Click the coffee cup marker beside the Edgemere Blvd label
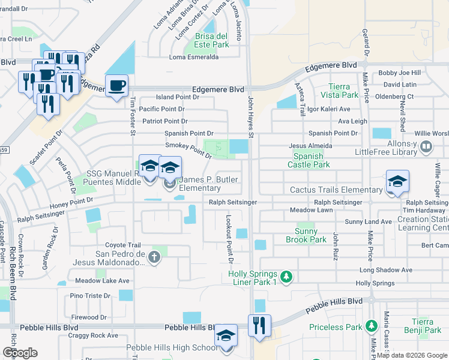[x=116, y=85]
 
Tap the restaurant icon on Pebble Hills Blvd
[x=259, y=326]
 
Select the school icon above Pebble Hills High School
[x=226, y=335]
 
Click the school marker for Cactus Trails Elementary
[x=397, y=182]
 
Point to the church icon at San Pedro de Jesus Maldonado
[x=154, y=258]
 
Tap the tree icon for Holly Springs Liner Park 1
[x=287, y=276]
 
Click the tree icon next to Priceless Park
[x=372, y=327]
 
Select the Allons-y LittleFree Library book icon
[x=426, y=146]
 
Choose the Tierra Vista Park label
[x=339, y=91]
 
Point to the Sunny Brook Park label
[x=310, y=235]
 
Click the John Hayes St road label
[x=252, y=117]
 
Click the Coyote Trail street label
[x=123, y=245]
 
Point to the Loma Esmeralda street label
[x=193, y=58]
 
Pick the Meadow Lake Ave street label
[x=102, y=280]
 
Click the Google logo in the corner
[x=20, y=353]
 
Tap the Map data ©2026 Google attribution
[x=412, y=355]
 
